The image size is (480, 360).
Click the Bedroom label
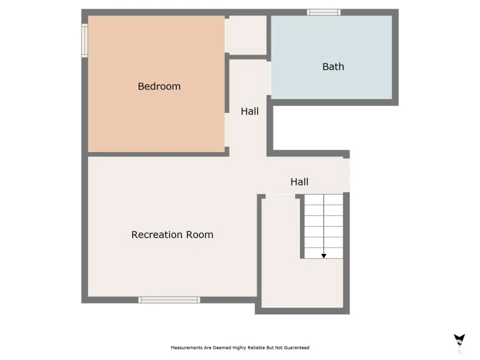click(x=159, y=86)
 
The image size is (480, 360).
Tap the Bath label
click(x=333, y=66)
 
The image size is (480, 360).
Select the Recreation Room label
click(x=172, y=235)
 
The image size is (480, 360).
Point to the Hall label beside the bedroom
click(x=250, y=111)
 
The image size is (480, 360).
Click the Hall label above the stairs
click(x=299, y=182)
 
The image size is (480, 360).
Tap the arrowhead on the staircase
click(x=323, y=256)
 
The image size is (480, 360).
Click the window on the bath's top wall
click(x=324, y=12)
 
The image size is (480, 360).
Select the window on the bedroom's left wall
click(x=84, y=40)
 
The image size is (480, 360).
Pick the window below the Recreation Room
click(x=169, y=300)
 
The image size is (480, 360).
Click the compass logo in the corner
click(x=459, y=340)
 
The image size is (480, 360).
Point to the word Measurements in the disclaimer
click(x=186, y=348)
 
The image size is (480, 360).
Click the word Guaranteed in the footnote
click(x=296, y=348)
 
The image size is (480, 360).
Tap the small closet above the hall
click(x=248, y=35)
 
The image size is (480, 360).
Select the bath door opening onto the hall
click(x=269, y=78)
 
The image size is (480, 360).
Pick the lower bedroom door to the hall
click(x=227, y=130)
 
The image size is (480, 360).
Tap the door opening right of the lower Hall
click(x=346, y=175)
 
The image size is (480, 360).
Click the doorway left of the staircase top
click(x=280, y=196)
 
